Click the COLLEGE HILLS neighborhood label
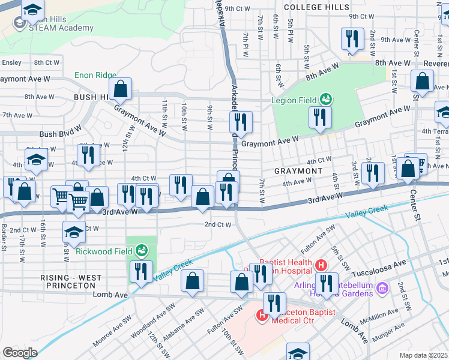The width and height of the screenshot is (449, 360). click(316, 7)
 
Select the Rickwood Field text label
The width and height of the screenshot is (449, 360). click(104, 251)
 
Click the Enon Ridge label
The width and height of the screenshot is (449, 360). click(95, 76)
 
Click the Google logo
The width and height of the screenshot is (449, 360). click(20, 352)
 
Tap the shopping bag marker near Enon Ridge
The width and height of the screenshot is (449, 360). click(121, 89)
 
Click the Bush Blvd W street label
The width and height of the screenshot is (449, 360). click(60, 135)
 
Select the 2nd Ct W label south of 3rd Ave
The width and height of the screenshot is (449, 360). click(217, 224)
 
